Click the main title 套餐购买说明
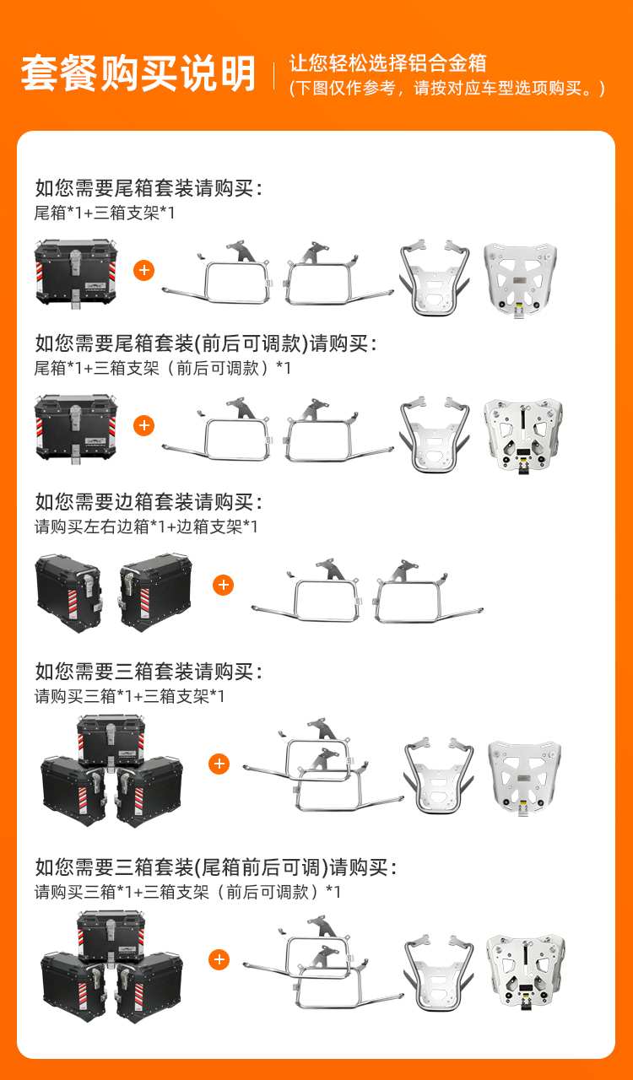(138, 73)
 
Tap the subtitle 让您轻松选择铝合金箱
(387, 63)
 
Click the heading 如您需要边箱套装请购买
(149, 502)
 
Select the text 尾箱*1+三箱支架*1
(105, 213)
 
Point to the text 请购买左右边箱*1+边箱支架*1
(146, 526)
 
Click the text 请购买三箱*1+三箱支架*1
(129, 696)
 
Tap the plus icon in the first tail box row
(143, 271)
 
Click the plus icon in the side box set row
(224, 586)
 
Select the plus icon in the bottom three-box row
(219, 959)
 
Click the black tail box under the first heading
(75, 273)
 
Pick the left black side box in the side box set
(68, 593)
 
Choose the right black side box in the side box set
(155, 592)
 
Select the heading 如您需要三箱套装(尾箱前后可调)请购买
(216, 867)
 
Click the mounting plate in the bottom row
(525, 972)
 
